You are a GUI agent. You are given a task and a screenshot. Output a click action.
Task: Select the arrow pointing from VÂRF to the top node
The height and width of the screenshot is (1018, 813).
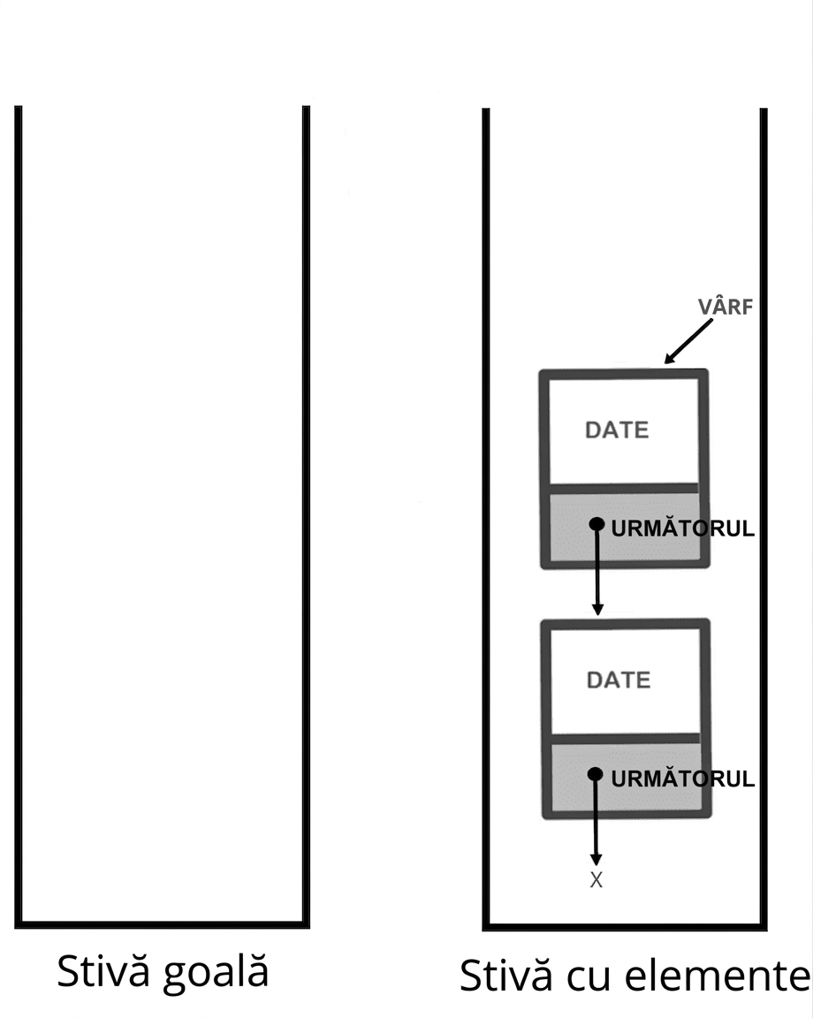pos(688,341)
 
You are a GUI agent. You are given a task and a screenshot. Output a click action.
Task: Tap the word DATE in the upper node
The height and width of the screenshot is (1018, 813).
pos(617,429)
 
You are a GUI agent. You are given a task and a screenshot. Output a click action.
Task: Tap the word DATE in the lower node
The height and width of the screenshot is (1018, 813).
pos(619,680)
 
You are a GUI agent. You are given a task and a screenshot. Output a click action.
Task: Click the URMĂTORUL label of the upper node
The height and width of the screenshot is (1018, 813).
pos(683,528)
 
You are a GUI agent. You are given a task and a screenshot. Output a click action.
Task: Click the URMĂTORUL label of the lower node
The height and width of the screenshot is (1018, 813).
pos(683,779)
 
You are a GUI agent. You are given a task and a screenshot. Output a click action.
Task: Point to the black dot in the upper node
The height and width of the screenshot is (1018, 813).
pos(596,524)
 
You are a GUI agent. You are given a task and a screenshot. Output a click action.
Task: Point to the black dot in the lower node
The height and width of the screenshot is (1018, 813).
pos(595,774)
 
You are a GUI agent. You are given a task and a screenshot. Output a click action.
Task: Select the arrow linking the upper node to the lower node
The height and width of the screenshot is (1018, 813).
pos(596,569)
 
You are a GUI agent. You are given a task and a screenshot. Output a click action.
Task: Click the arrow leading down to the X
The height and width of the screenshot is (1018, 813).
pos(596,819)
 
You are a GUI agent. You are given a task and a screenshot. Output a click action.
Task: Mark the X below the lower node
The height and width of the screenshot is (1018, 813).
pos(596,880)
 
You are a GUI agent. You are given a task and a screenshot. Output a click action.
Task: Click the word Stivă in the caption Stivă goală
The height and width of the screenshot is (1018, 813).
pos(103,971)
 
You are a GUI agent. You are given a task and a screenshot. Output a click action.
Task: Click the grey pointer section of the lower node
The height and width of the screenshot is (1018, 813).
pos(626,777)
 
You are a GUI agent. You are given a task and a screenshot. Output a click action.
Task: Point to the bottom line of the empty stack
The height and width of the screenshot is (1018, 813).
pos(163,924)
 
